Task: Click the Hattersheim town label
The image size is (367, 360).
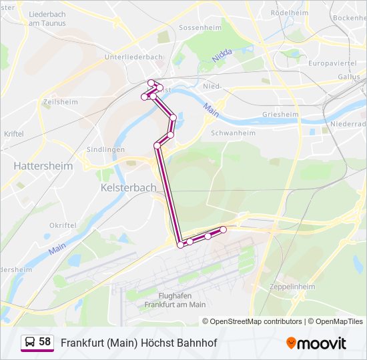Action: pyautogui.click(x=39, y=165)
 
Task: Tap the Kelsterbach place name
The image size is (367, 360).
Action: pyautogui.click(x=128, y=188)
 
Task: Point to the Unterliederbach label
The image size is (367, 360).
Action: pyautogui.click(x=133, y=57)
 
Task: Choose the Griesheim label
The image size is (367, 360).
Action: pyautogui.click(x=280, y=114)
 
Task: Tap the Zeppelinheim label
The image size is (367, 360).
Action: pyautogui.click(x=292, y=286)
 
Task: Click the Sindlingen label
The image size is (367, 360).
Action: pyautogui.click(x=105, y=149)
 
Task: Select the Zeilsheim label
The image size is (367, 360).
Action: pyautogui.click(x=60, y=102)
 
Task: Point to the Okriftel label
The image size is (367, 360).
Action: pyautogui.click(x=63, y=226)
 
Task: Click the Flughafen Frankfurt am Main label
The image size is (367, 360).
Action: pyautogui.click(x=175, y=300)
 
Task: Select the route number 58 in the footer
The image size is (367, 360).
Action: pyautogui.click(x=45, y=342)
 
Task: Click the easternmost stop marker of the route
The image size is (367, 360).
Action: pyautogui.click(x=223, y=229)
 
